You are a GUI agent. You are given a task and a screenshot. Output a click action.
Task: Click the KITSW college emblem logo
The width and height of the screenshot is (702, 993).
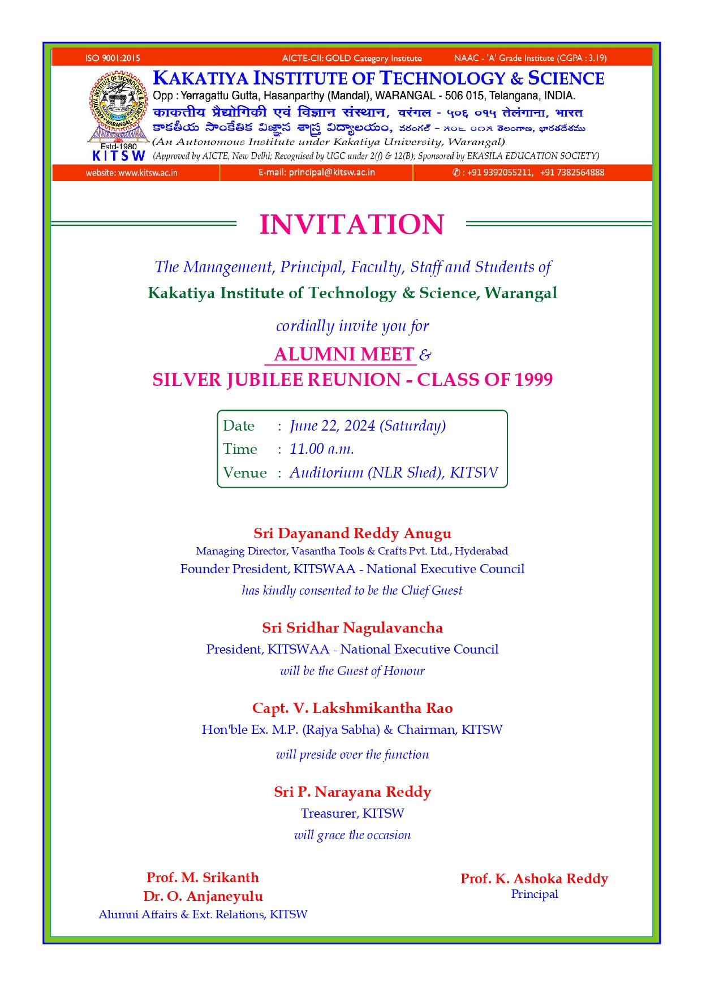pyautogui.click(x=118, y=108)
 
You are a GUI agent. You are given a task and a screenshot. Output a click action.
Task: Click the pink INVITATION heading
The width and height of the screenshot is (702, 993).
pyautogui.click(x=351, y=225)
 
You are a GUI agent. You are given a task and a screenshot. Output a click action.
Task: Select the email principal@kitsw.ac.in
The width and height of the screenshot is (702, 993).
pyautogui.click(x=331, y=172)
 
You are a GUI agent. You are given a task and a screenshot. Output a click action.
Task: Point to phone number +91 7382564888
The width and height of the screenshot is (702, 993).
pyautogui.click(x=572, y=173)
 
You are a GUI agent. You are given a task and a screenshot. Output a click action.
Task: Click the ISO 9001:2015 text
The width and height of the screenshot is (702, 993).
pyautogui.click(x=113, y=58)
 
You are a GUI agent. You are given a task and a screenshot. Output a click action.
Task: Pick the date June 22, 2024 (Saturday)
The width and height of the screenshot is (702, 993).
pyautogui.click(x=368, y=425)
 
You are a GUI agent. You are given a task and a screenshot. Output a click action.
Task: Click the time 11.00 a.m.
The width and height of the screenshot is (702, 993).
pyautogui.click(x=322, y=449)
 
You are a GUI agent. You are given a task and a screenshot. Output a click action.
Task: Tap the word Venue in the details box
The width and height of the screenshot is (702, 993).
pyautogui.click(x=245, y=472)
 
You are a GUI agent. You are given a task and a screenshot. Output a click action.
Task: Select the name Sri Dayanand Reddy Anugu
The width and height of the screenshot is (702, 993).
pyautogui.click(x=352, y=533)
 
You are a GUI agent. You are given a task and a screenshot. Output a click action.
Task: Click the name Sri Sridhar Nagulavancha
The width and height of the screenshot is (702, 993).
pyautogui.click(x=352, y=627)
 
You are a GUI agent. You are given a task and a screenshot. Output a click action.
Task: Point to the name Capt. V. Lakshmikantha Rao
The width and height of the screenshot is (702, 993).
pyautogui.click(x=352, y=708)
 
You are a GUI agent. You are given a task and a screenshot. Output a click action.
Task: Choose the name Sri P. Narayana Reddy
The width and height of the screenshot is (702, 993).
pyautogui.click(x=352, y=792)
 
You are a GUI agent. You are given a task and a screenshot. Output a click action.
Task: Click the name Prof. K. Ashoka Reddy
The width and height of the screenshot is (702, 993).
pyautogui.click(x=534, y=878)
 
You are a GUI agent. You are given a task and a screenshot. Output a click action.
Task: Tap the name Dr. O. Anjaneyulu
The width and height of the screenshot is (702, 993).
pyautogui.click(x=203, y=896)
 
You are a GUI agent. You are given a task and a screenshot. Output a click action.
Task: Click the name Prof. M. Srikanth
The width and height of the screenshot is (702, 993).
pyautogui.click(x=203, y=877)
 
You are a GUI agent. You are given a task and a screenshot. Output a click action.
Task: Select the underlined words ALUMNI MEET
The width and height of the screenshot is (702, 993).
pyautogui.click(x=344, y=354)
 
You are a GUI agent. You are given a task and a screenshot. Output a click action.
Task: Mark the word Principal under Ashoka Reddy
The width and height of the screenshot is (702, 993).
pyautogui.click(x=534, y=894)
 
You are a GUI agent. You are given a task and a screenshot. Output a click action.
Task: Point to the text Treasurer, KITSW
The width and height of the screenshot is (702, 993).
pyautogui.click(x=352, y=813)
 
